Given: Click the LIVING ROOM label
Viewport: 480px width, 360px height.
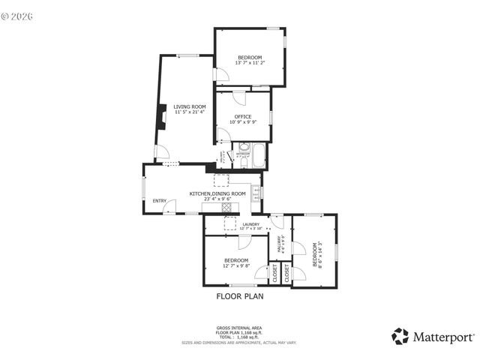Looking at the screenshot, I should point(190,106).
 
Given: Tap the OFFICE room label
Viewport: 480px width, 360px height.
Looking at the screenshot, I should point(242,116).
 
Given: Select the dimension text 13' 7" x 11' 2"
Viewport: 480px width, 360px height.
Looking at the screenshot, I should point(250,63).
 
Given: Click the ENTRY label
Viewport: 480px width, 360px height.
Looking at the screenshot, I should point(160,200).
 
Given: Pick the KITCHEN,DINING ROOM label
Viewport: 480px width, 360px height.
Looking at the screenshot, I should point(217,193).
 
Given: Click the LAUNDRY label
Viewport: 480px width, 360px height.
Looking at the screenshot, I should point(250,223).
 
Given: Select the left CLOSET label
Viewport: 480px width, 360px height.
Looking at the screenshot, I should point(274,272).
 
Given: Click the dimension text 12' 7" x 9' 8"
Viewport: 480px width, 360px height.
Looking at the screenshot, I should point(235,265).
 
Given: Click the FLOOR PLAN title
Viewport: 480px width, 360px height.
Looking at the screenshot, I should point(240,296).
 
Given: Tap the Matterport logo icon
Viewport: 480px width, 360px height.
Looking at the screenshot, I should point(400,337).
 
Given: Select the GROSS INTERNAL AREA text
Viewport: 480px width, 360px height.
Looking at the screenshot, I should point(239,328).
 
